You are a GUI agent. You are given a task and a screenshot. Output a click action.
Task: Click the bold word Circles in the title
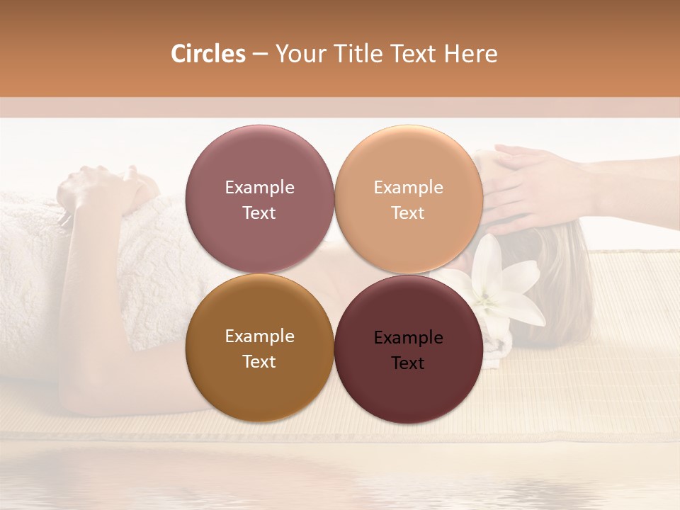click(208, 54)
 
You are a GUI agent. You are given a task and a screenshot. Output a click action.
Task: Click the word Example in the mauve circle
click(259, 188)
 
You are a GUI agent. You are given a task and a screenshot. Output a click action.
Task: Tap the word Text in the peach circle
click(408, 213)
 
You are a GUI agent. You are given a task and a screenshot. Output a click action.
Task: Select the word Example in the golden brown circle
click(259, 336)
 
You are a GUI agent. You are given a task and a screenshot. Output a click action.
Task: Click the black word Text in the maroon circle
click(408, 363)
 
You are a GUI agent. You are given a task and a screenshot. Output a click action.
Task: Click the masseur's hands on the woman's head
click(538, 184)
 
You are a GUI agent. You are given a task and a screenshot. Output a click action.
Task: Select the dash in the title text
click(259, 54)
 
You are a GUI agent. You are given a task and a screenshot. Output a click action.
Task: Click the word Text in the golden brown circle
click(259, 362)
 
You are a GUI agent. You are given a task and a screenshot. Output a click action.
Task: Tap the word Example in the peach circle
click(408, 188)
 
